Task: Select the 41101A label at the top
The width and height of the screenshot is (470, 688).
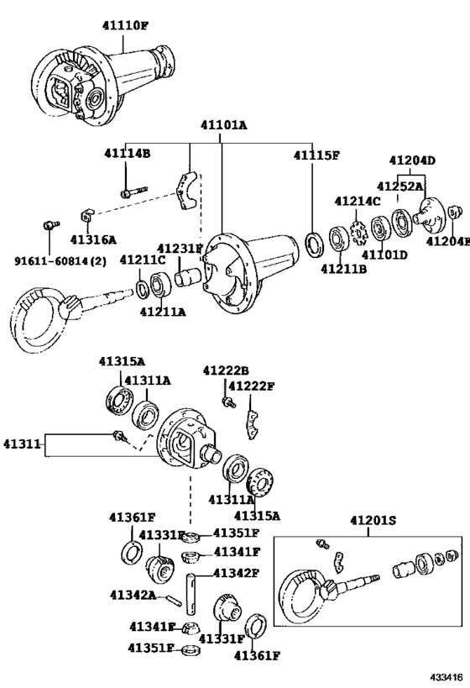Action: pos(222,127)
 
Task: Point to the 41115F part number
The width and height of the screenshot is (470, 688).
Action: pos(316,155)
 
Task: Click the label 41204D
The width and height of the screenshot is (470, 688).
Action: pos(412,160)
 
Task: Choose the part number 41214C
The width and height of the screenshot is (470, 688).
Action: pos(357,201)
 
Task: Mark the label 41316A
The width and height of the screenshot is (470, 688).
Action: pos(93,239)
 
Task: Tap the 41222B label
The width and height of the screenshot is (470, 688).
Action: pos(225,370)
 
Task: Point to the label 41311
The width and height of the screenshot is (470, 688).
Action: pos(21,443)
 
